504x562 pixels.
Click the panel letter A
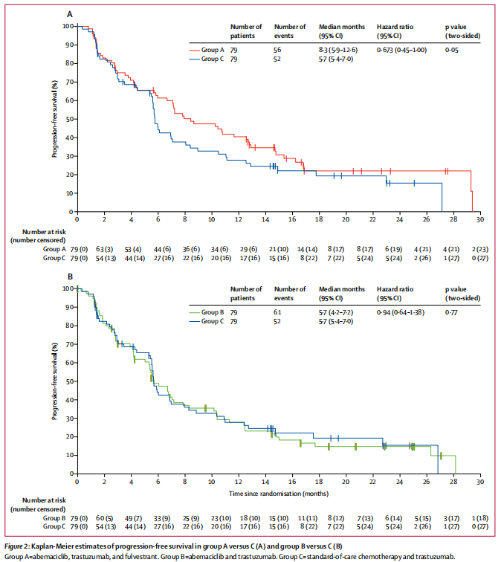[70, 13]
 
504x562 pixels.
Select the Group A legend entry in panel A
[210, 50]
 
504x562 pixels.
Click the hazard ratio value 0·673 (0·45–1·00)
[401, 50]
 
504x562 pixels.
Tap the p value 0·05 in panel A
[450, 50]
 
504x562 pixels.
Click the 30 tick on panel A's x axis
[479, 219]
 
